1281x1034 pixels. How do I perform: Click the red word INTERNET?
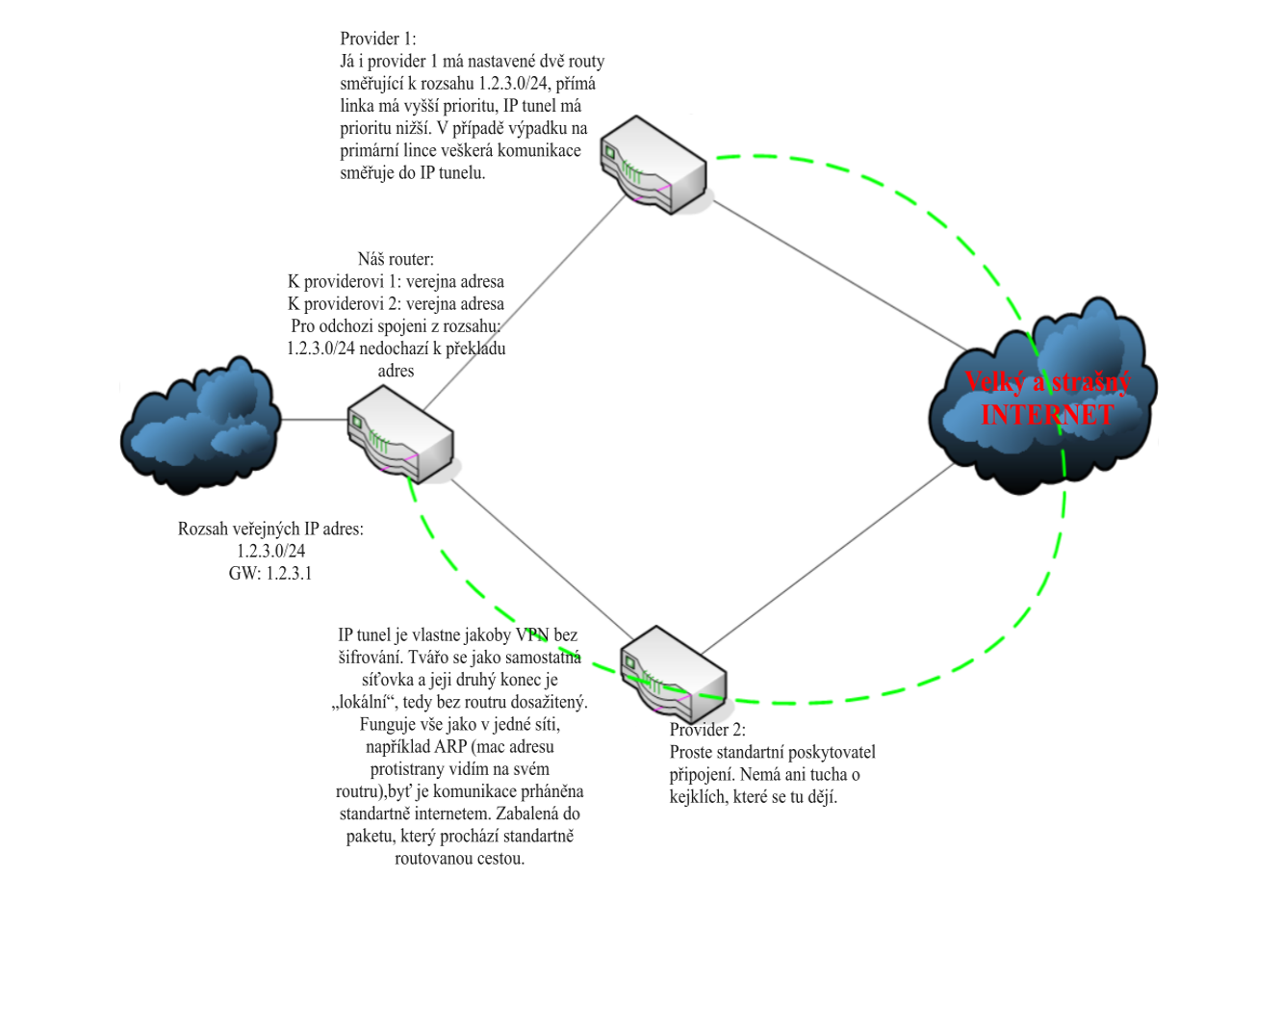tap(1047, 415)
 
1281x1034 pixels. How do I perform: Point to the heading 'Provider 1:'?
tap(378, 39)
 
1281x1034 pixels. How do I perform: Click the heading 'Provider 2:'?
tap(707, 730)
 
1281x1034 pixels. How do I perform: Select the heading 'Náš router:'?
tap(396, 259)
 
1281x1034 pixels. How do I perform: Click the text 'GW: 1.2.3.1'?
tap(270, 574)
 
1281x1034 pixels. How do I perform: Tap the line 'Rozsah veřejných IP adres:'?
tap(270, 530)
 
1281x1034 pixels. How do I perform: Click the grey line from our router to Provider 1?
tap(525, 303)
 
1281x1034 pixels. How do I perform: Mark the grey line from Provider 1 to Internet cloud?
tap(837, 275)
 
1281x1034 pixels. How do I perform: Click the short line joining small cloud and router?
tap(314, 420)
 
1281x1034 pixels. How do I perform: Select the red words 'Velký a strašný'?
tap(1047, 382)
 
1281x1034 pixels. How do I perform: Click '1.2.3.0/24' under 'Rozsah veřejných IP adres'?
tap(270, 552)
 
